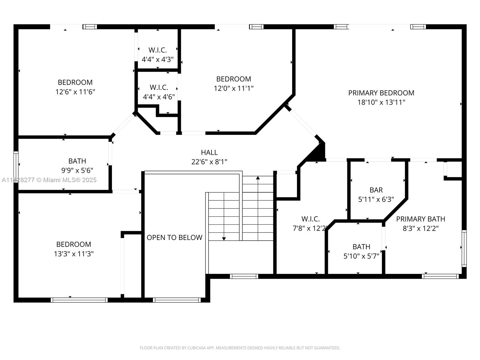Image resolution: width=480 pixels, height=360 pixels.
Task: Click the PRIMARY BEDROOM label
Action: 381,93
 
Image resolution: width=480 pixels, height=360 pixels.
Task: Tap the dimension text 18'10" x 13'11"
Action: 381,102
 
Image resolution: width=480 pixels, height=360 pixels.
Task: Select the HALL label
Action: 209,152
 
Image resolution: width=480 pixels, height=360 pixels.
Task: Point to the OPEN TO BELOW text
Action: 174,238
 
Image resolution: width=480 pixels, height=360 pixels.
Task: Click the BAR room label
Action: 376,190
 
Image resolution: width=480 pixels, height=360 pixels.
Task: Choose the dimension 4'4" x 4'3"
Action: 157,59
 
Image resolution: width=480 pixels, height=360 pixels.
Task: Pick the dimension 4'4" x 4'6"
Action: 159,97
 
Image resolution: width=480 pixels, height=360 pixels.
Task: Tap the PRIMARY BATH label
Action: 420,219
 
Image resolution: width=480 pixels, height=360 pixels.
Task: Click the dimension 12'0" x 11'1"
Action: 233,88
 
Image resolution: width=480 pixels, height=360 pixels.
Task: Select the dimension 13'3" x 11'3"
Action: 73,254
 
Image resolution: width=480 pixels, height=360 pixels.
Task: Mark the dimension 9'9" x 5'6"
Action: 77,170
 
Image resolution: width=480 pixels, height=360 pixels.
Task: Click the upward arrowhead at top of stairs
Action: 258,178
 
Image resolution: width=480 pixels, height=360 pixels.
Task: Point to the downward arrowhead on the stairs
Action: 224,239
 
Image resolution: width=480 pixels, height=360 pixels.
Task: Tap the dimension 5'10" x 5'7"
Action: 361,256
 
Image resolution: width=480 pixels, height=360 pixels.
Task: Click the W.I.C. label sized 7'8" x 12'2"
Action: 310,219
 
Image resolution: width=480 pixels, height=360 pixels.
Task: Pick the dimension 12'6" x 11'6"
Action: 75,92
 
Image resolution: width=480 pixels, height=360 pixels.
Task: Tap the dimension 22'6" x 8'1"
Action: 209,162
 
